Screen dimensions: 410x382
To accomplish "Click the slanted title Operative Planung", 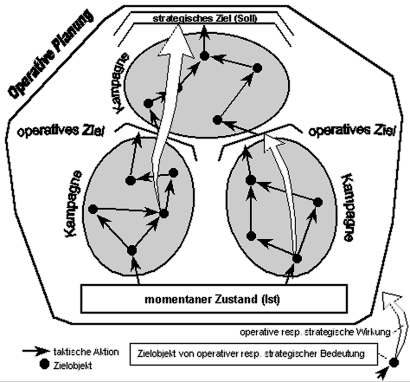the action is click(51, 54).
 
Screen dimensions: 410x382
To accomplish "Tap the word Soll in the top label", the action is click(246, 18).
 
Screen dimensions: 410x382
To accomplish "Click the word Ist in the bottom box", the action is click(271, 299).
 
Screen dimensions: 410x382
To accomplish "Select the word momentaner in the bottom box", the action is click(178, 299).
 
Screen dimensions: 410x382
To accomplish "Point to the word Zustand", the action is click(236, 299).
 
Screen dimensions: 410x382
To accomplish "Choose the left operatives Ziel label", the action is click(61, 131).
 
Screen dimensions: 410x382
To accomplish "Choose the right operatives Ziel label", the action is click(351, 131).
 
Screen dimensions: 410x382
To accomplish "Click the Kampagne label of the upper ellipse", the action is click(120, 84).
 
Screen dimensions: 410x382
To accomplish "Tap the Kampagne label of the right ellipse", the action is click(348, 207).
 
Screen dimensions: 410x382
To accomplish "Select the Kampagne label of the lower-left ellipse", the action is click(74, 204).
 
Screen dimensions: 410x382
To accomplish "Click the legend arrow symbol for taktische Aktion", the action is click(36, 351).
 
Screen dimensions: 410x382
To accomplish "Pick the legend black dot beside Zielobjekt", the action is click(44, 365).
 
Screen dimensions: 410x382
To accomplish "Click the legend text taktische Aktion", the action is click(86, 352).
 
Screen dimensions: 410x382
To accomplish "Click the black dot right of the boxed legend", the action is click(394, 362).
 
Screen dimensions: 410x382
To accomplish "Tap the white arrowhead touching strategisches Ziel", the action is click(177, 42).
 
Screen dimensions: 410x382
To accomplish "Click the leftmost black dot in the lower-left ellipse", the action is click(93, 210).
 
